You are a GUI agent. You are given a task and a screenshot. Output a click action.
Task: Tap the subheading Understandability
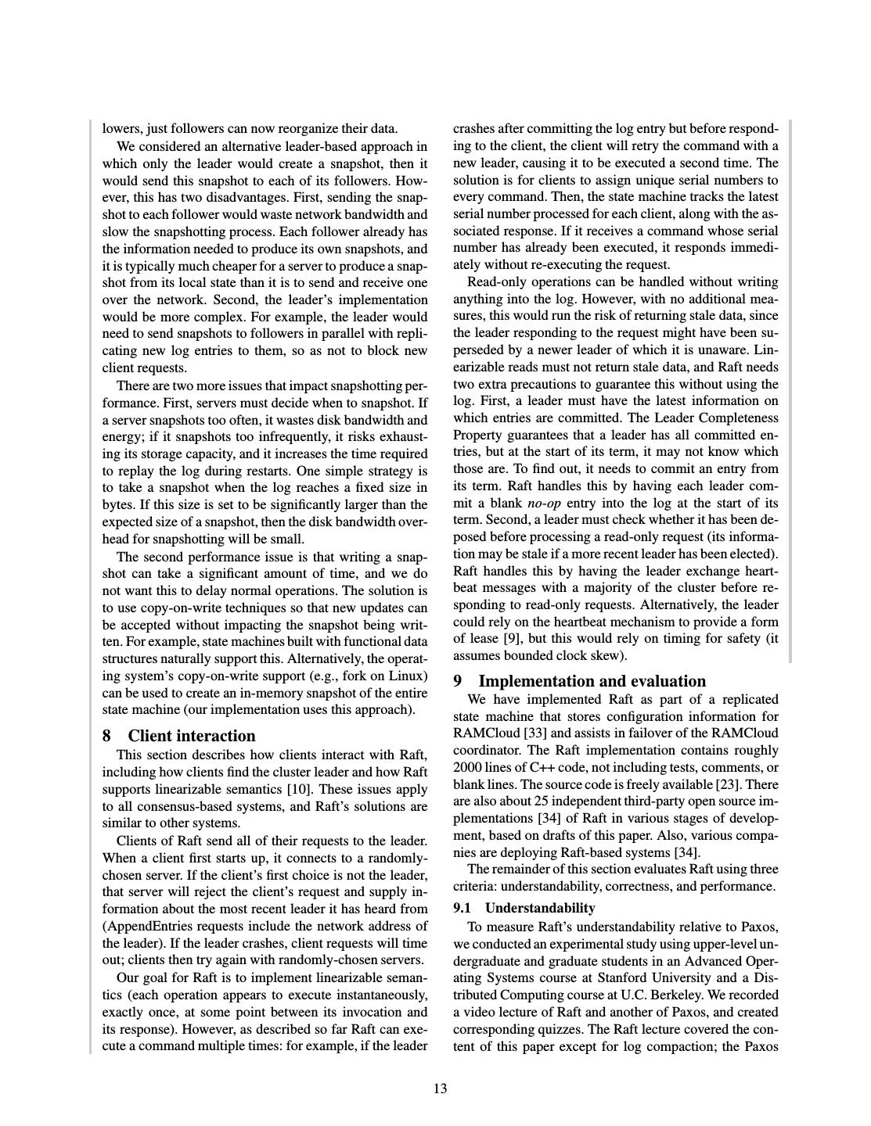(x=540, y=908)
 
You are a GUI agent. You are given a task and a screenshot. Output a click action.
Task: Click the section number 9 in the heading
(x=458, y=681)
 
